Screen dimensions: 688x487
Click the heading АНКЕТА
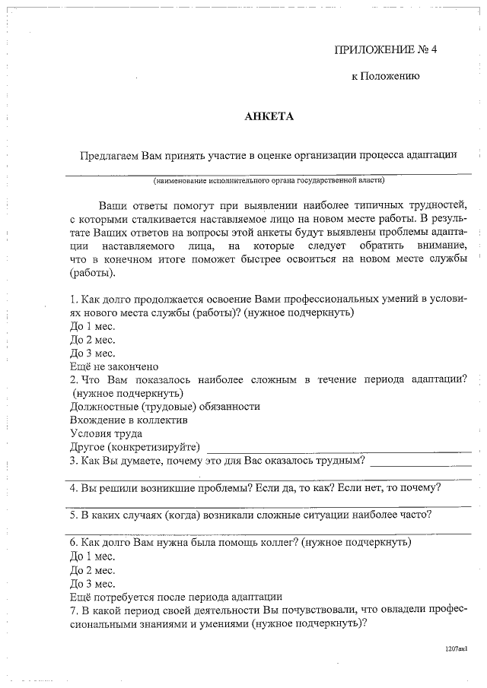pyautogui.click(x=268, y=116)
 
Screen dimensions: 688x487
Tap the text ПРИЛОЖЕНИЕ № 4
pyautogui.click(x=387, y=50)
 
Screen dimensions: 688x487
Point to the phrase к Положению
pyautogui.click(x=385, y=77)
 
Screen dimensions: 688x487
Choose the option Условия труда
pyautogui.click(x=106, y=433)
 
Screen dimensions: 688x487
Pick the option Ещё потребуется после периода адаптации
pyautogui.click(x=176, y=597)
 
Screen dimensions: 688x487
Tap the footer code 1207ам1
pyautogui.click(x=456, y=651)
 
